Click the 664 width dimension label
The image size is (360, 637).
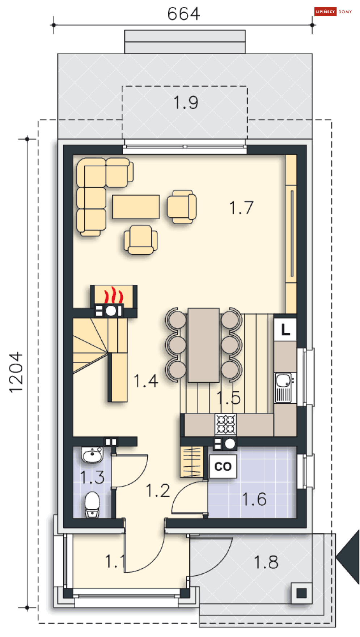click(x=183, y=14)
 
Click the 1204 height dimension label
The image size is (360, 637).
click(x=16, y=373)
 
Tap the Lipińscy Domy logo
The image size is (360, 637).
click(x=333, y=12)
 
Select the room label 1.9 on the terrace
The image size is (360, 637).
click(x=186, y=102)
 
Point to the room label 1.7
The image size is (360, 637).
click(x=241, y=208)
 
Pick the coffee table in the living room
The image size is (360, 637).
click(x=136, y=207)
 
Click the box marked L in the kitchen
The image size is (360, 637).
click(x=285, y=329)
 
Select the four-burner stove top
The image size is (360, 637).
click(x=226, y=424)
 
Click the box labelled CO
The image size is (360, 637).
click(x=223, y=466)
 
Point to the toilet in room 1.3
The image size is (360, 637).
click(x=92, y=504)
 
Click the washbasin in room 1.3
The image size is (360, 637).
click(x=92, y=455)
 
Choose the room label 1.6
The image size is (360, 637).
click(x=254, y=500)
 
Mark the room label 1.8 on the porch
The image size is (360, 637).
click(x=266, y=562)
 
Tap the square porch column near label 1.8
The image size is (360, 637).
click(x=301, y=593)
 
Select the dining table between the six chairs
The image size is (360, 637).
click(x=204, y=345)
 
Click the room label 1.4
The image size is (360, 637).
click(x=146, y=381)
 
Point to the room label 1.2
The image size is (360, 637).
click(x=158, y=491)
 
